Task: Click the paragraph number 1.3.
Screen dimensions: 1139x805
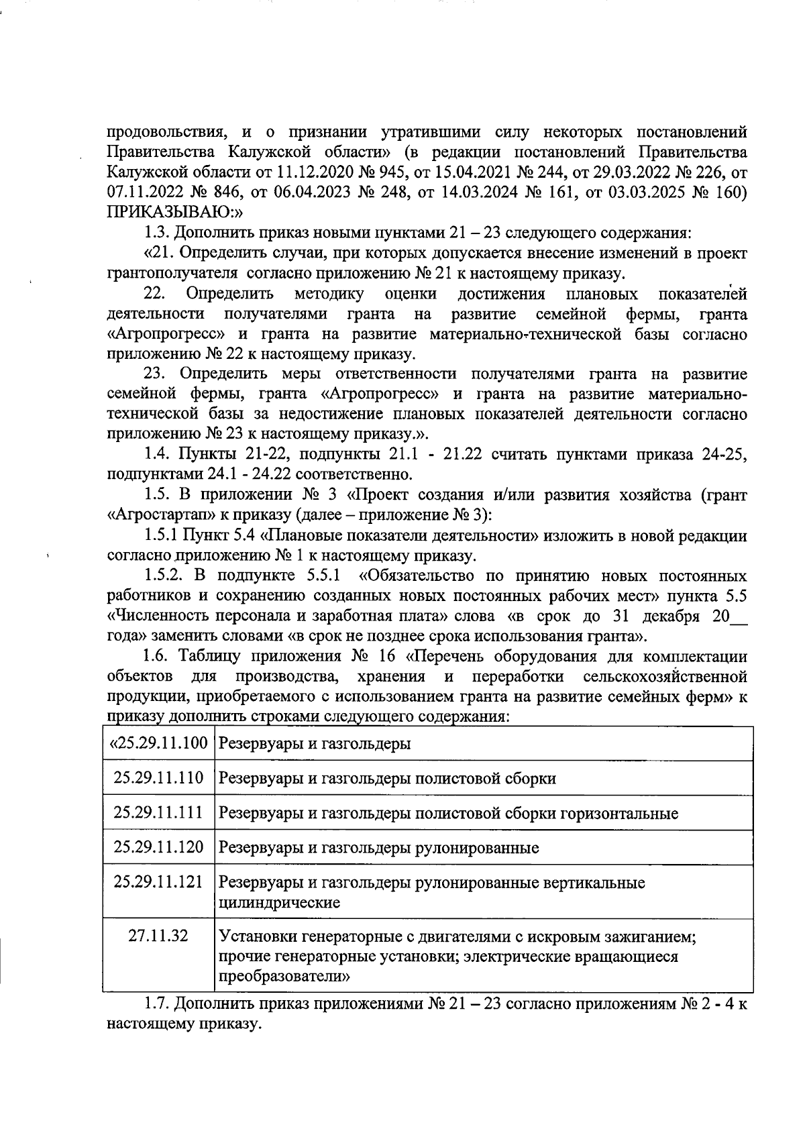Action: (158, 233)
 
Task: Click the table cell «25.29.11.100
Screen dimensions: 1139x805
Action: (159, 743)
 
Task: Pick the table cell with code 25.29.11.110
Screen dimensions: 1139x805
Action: (159, 777)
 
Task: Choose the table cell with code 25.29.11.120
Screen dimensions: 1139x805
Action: (159, 847)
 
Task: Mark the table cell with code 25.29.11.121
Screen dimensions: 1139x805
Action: (159, 881)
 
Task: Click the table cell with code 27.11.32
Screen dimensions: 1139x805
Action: (159, 935)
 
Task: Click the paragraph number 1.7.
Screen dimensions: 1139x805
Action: (158, 1004)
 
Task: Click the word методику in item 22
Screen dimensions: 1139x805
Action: (329, 294)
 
